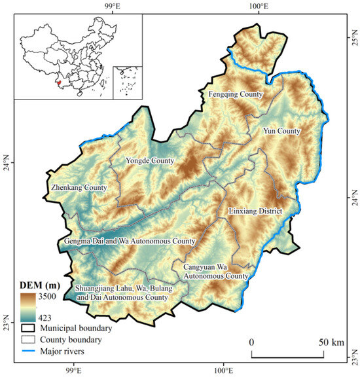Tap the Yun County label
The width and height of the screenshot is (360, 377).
281,131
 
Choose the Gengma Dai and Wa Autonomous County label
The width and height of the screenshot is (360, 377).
130,242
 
